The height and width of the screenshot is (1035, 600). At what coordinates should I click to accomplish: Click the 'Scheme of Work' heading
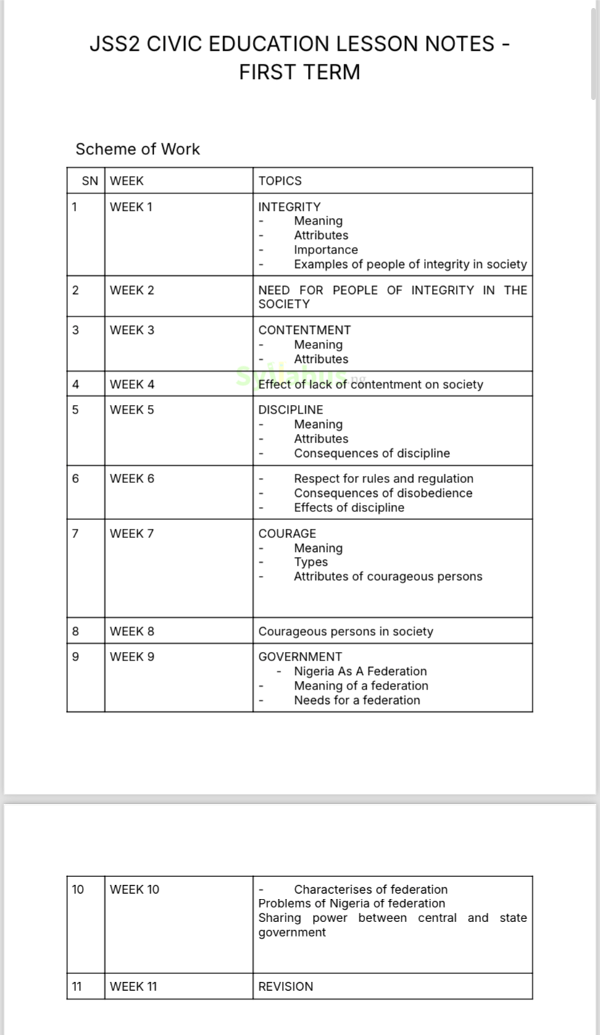pos(138,149)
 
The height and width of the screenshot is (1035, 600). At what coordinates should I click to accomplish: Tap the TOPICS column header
pos(280,181)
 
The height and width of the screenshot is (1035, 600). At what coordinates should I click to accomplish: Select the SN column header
pos(90,181)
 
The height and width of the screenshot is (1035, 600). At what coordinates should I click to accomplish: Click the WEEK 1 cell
pos(131,207)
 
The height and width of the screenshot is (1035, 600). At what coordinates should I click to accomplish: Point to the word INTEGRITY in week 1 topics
pos(289,207)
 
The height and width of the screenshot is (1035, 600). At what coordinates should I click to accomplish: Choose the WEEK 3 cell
pos(132,330)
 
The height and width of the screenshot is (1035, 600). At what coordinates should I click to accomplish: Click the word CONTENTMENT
pos(304,330)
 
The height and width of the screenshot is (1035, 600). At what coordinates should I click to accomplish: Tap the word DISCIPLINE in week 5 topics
pos(291,410)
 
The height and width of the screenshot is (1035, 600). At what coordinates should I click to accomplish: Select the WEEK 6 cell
pos(132,479)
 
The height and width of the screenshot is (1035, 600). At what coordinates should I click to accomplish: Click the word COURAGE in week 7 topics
pos(287,534)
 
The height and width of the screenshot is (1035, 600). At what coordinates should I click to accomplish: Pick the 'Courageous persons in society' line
pos(346,632)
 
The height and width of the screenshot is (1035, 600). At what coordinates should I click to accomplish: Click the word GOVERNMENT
pos(300,657)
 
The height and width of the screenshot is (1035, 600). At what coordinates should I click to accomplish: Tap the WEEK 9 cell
pos(132,657)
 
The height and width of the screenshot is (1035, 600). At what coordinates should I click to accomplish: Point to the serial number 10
pos(78,889)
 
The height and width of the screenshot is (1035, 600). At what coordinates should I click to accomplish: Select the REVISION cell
pos(286,986)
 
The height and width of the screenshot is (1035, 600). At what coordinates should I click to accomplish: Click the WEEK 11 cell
pos(133,986)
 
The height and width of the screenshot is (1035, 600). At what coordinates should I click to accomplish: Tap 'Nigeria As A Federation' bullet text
pos(360,671)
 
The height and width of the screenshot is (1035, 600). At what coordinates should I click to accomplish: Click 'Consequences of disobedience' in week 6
pos(383,493)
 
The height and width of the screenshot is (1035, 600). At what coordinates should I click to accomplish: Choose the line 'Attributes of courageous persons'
pos(388,577)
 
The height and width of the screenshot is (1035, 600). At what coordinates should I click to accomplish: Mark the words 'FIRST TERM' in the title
pos(299,72)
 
